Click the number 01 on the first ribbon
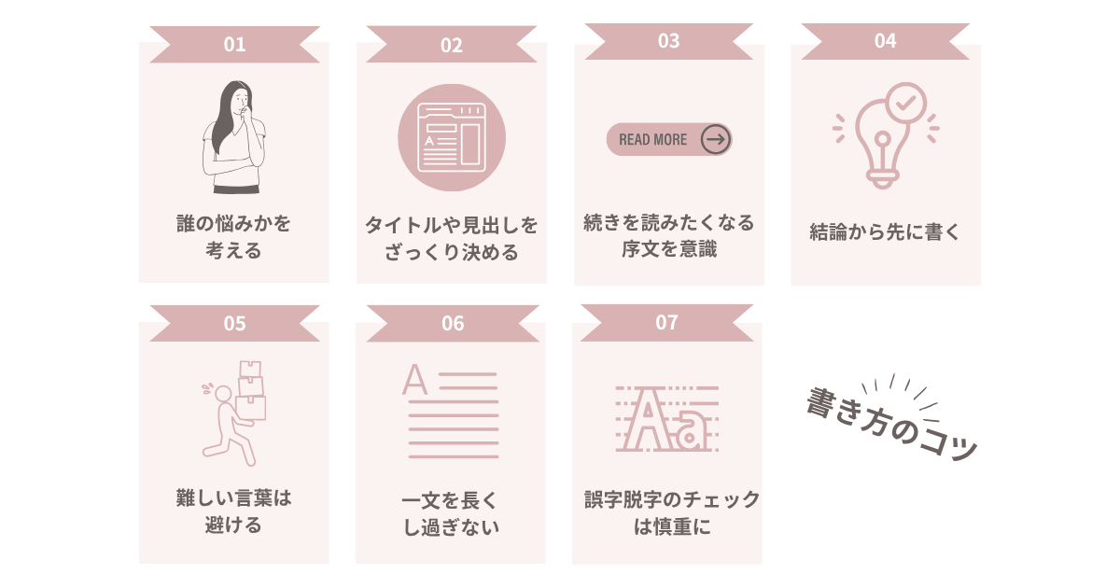(234, 45)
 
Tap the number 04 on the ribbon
(885, 41)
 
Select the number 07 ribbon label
(666, 323)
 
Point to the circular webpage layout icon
(452, 137)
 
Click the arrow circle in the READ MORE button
(716, 139)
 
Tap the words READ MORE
(653, 139)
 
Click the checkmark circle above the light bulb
(905, 103)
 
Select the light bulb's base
(883, 179)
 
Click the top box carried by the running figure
(250, 369)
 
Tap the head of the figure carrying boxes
(223, 394)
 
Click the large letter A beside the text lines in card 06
(415, 380)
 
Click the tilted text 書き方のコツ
(892, 423)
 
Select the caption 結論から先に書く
(885, 232)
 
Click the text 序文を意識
(669, 248)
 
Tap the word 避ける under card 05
(233, 525)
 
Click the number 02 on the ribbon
(452, 46)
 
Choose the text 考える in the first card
(233, 250)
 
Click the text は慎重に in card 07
(672, 526)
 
